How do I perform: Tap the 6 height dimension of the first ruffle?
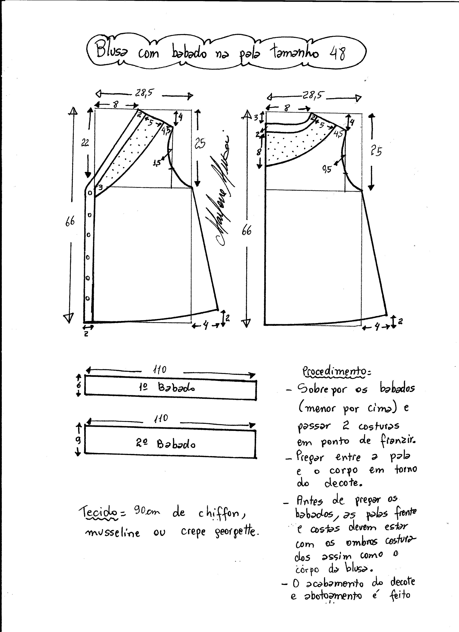[79, 385]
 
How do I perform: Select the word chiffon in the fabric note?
[221, 514]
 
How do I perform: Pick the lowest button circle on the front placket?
[88, 298]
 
